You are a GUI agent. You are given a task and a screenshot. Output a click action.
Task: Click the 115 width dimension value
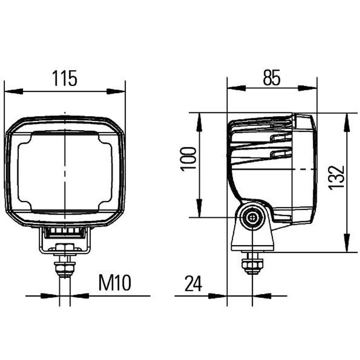(64, 78)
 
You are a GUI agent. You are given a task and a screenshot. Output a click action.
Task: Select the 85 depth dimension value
(272, 78)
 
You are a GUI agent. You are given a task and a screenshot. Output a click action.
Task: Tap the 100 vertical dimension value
(189, 158)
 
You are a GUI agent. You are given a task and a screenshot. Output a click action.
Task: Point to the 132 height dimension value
(337, 177)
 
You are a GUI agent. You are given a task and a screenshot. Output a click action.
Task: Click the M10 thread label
(114, 283)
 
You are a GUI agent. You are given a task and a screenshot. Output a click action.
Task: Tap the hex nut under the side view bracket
(252, 265)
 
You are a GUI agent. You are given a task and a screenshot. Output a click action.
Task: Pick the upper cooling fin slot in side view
(281, 138)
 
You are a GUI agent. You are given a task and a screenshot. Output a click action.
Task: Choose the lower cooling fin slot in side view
(281, 154)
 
